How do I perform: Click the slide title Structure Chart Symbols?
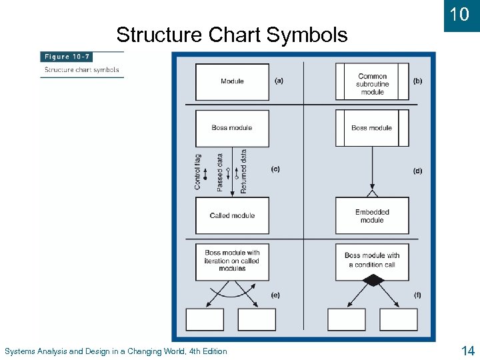pyautogui.click(x=231, y=34)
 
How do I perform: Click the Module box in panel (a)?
pyautogui.click(x=232, y=81)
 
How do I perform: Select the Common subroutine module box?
pyautogui.click(x=372, y=82)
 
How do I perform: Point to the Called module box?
pyautogui.click(x=232, y=215)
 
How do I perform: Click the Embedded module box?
pyautogui.click(x=372, y=216)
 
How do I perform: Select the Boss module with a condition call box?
pyautogui.click(x=372, y=260)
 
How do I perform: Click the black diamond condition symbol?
pyautogui.click(x=373, y=281)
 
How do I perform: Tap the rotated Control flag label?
pyautogui.click(x=197, y=171)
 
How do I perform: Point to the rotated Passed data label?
pyautogui.click(x=220, y=173)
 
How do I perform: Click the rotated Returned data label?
pyautogui.click(x=243, y=171)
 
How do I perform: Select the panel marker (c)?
pyautogui.click(x=275, y=169)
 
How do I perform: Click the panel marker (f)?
pyautogui.click(x=417, y=295)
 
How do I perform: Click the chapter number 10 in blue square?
pyautogui.click(x=459, y=15)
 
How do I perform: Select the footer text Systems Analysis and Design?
pyautogui.click(x=115, y=351)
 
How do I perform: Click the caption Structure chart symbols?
pyautogui.click(x=81, y=69)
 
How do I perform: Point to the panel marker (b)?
pyautogui.click(x=417, y=81)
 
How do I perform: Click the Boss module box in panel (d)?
pyautogui.click(x=372, y=128)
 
